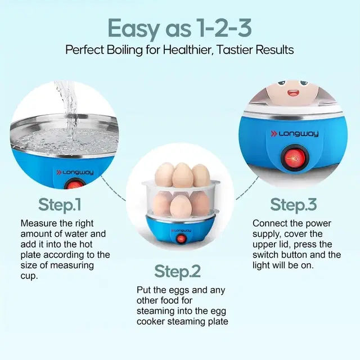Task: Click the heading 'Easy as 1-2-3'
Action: (x=180, y=29)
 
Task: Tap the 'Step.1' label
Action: (x=60, y=205)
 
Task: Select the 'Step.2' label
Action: (x=178, y=271)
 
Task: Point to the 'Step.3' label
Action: (x=294, y=205)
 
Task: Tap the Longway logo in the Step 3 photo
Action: (x=295, y=134)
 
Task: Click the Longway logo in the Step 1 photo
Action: (x=75, y=172)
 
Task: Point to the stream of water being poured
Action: (x=68, y=110)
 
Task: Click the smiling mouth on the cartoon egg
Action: (x=293, y=93)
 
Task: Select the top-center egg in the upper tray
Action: (x=183, y=175)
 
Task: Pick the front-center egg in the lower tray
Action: (x=181, y=206)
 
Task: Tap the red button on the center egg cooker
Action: (x=181, y=238)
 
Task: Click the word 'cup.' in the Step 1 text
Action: (x=29, y=276)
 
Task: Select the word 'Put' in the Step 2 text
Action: (x=143, y=290)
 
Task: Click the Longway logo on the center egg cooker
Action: (x=181, y=230)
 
